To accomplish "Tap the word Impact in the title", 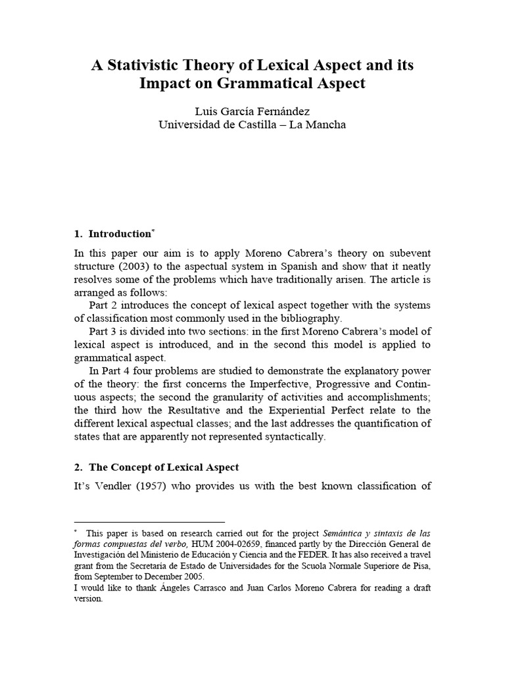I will pos(164,84).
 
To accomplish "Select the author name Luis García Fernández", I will pos(252,111).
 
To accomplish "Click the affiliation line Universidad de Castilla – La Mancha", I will pos(252,124).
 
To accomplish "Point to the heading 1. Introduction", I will pos(112,234).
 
